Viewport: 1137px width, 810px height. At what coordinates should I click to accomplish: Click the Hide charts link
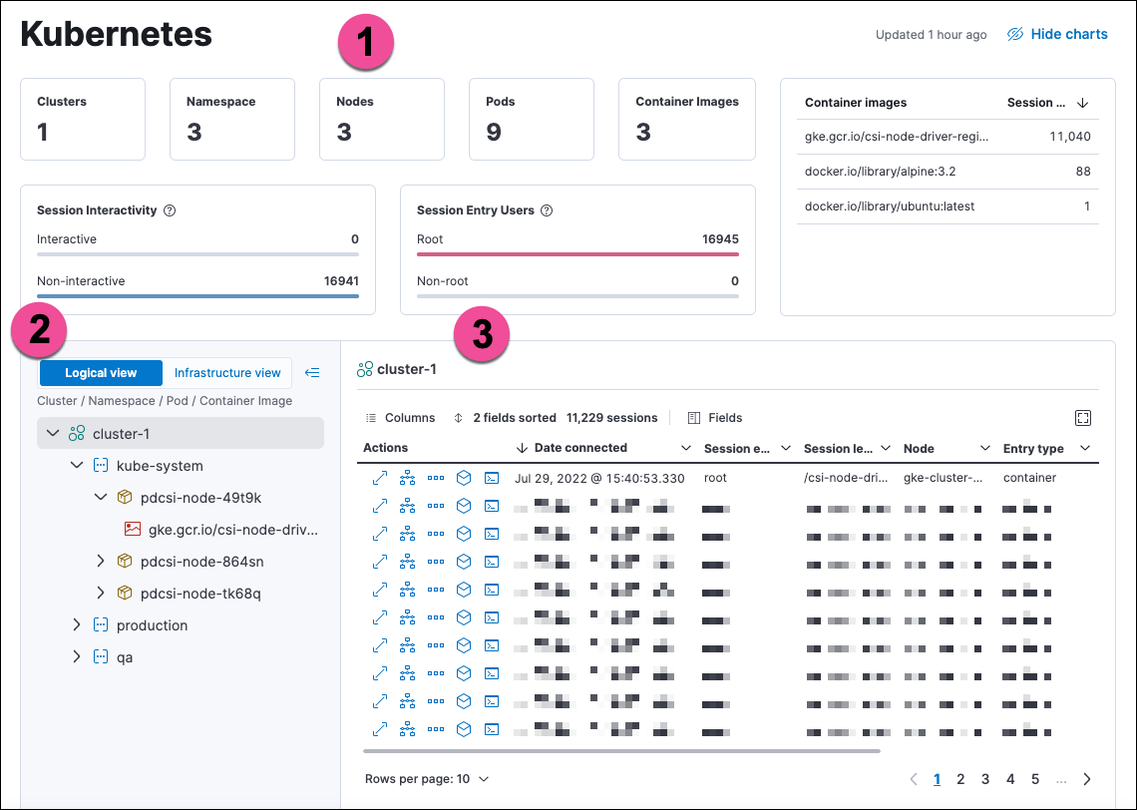(1058, 34)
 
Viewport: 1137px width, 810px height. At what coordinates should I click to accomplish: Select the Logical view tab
(101, 373)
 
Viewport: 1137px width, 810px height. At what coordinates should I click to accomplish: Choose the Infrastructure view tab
(227, 373)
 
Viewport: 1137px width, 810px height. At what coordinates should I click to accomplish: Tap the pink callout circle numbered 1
(365, 44)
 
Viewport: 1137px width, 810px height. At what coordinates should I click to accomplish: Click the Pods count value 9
(494, 133)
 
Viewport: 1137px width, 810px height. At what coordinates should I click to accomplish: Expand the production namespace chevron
(77, 625)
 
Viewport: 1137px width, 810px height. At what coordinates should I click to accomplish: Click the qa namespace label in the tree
(125, 657)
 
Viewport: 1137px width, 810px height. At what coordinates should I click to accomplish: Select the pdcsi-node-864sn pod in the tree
(201, 562)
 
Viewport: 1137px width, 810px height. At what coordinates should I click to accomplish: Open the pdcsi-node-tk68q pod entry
(200, 594)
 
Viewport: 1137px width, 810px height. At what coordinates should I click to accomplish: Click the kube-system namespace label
(160, 466)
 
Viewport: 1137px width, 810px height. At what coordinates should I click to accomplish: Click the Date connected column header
(580, 448)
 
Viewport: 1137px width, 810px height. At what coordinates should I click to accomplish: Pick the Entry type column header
(1033, 449)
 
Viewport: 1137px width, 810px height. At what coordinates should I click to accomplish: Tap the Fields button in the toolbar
(715, 418)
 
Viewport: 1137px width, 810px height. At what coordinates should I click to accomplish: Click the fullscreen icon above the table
(1083, 418)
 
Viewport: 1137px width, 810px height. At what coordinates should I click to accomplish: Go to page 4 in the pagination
(1010, 779)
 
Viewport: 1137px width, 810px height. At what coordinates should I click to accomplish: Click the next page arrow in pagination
(1087, 779)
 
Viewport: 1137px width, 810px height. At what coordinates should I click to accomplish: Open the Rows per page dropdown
(427, 778)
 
